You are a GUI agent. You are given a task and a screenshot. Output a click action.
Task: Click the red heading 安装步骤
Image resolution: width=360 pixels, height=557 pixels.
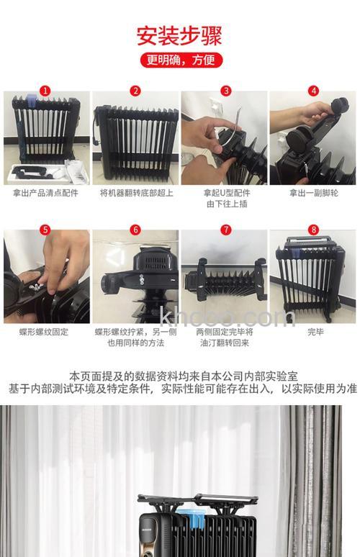coord(179,35)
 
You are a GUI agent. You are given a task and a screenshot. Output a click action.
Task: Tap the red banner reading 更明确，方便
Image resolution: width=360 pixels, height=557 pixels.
coord(179,60)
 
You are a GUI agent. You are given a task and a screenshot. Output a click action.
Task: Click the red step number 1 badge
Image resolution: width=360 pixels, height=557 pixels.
coord(46,91)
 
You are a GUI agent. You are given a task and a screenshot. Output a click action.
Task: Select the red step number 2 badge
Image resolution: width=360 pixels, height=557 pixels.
coord(135,91)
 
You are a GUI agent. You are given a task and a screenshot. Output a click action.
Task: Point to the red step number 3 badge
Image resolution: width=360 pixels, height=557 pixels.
coord(225,91)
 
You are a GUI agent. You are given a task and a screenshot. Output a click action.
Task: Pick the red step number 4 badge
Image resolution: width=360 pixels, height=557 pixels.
coord(313,91)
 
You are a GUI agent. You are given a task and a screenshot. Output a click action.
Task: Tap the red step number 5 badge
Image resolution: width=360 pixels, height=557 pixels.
coord(46,230)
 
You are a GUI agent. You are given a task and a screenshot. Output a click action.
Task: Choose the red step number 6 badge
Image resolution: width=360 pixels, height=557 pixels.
coord(135,230)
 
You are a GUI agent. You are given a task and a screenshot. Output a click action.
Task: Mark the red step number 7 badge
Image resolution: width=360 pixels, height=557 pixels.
coord(225,230)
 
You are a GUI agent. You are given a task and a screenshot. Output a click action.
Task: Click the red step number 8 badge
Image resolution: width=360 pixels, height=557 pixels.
coord(313,230)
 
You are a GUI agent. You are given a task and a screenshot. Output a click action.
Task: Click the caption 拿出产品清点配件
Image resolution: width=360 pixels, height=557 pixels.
coord(46,193)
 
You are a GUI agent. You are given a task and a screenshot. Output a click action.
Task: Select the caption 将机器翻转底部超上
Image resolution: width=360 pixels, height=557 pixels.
coord(135,193)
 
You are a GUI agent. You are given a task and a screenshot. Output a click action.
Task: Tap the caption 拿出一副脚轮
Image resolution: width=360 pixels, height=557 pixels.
coord(313,193)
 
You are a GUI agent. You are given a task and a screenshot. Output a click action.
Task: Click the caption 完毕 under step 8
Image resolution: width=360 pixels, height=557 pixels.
coord(315,332)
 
